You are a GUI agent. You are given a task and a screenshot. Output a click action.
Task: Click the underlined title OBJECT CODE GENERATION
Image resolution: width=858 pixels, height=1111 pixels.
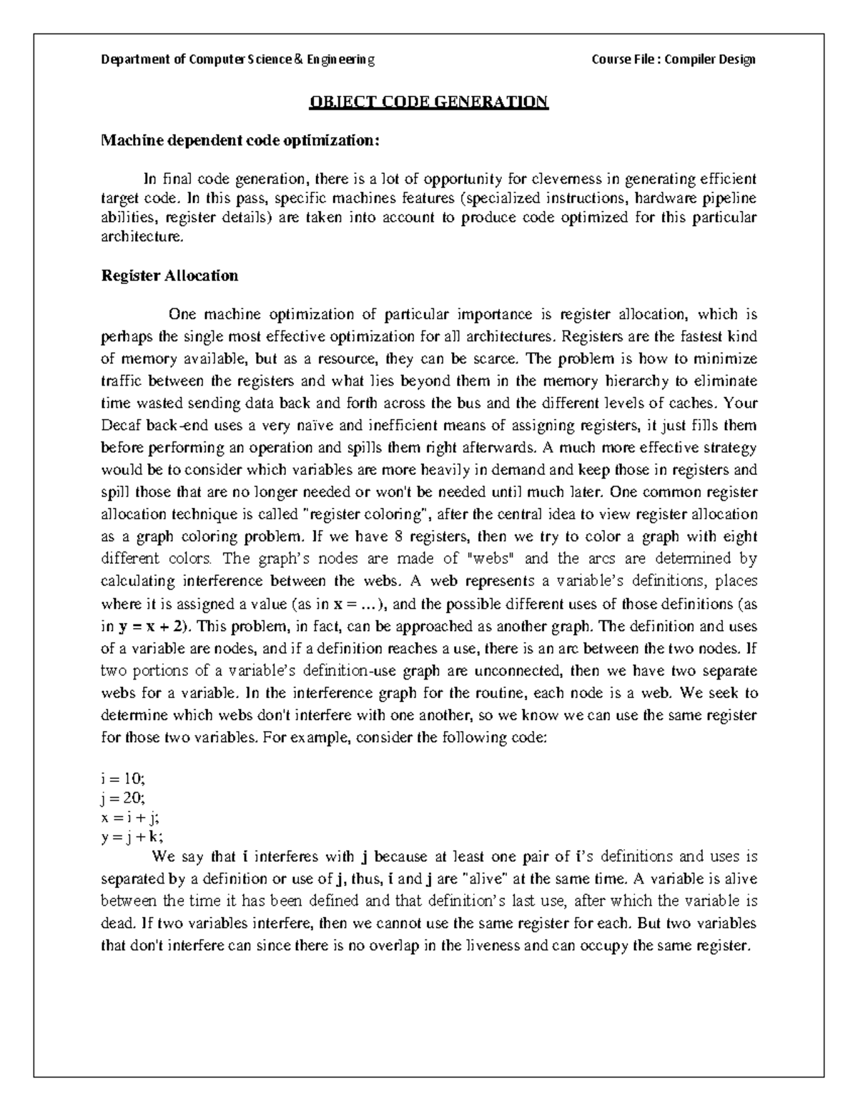(x=428, y=102)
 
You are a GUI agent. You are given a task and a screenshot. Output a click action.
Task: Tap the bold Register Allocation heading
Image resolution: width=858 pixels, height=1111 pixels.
(x=170, y=275)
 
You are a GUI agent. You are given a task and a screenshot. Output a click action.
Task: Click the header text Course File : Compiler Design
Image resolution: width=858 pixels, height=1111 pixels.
(x=674, y=59)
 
